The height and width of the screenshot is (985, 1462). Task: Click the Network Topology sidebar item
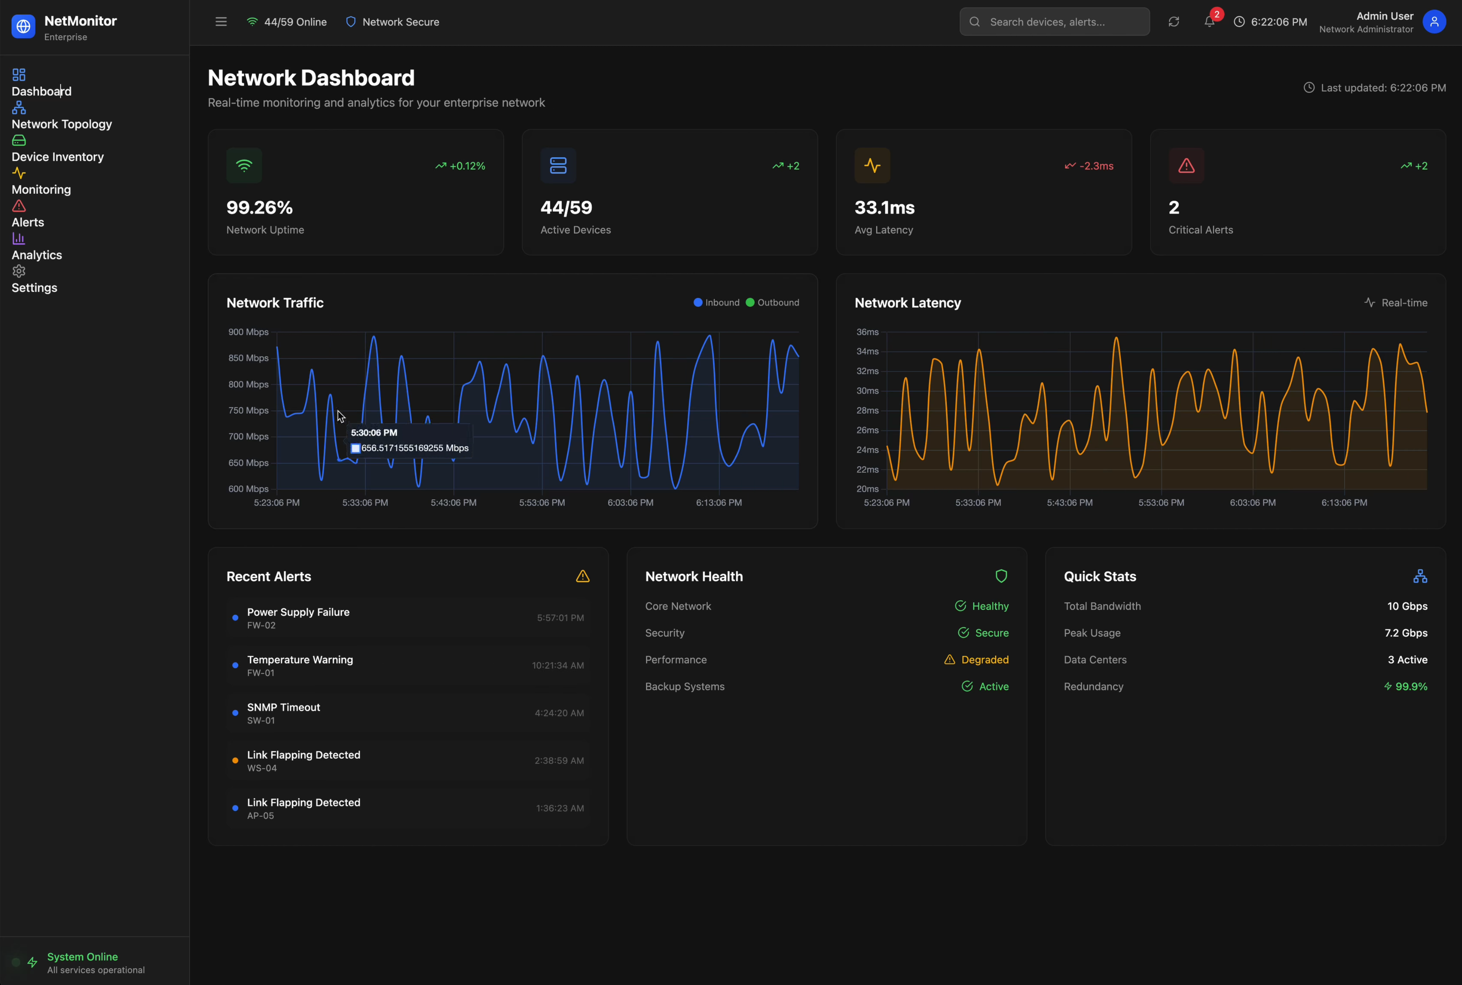tap(62, 124)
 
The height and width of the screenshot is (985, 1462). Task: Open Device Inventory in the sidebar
tap(57, 157)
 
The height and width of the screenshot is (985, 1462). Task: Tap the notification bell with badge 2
tap(1209, 22)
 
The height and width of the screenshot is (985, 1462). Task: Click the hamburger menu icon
tap(221, 22)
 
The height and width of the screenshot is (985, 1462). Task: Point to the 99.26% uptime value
tap(259, 207)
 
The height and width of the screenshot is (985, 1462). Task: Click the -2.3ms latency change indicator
tap(1089, 166)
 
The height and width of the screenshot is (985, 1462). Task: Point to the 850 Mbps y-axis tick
tap(248, 358)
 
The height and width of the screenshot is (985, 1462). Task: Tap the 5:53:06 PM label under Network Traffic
tap(542, 502)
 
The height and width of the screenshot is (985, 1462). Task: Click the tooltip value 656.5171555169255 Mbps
tap(415, 448)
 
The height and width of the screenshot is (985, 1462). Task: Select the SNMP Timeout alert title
tap(283, 707)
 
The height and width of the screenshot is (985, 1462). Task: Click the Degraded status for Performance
tap(984, 659)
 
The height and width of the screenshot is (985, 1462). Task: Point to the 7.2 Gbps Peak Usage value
tap(1406, 633)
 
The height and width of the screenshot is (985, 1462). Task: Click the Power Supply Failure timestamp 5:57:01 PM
tap(560, 618)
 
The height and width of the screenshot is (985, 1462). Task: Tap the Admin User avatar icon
tap(1434, 22)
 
